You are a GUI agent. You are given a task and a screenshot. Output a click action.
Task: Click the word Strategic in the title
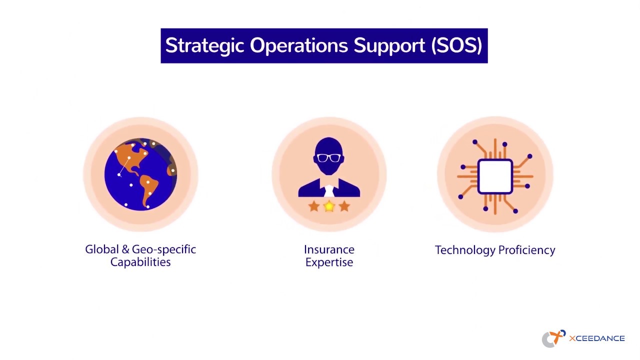[x=204, y=46]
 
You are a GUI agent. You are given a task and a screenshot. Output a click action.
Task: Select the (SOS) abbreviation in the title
[x=456, y=45]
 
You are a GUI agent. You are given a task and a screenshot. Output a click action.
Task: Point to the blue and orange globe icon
[x=140, y=174]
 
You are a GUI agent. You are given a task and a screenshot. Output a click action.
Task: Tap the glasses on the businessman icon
[x=329, y=158]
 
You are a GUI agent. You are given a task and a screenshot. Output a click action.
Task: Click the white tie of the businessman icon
[x=329, y=191]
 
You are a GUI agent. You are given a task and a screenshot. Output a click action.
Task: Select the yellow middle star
[x=329, y=206]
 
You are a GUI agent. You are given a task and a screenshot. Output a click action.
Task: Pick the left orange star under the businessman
[x=314, y=206]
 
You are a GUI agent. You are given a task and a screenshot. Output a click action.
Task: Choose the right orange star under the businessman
[x=344, y=206]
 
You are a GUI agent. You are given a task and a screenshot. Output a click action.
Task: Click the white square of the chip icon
[x=495, y=176]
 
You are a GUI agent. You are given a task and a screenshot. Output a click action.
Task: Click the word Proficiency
[x=525, y=250]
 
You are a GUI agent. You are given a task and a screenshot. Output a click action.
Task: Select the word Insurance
[x=329, y=249]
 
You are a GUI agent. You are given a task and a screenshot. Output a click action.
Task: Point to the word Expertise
[x=329, y=262]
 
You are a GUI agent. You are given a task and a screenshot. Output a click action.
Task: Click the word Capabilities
[x=140, y=262]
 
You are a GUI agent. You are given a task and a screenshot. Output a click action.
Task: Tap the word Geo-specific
[x=164, y=249]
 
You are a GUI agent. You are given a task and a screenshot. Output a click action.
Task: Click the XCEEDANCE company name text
[x=596, y=338]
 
